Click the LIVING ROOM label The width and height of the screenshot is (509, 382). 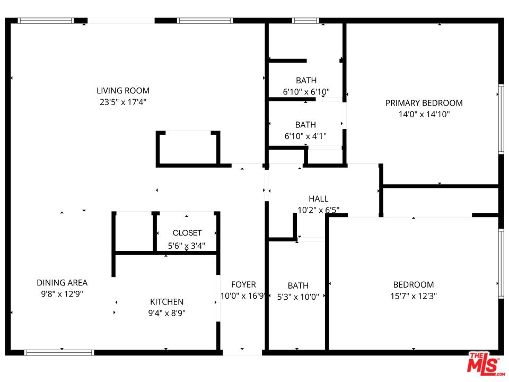123,91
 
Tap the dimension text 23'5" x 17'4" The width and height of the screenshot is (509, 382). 123,102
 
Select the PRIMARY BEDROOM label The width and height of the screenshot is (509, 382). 424,103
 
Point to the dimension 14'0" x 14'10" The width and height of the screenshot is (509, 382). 424,114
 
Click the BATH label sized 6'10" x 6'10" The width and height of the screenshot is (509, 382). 306,81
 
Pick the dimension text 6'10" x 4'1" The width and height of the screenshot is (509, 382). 305,136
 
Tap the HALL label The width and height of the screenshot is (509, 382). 318,199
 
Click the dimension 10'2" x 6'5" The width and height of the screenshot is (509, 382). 318,210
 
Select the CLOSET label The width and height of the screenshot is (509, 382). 187,233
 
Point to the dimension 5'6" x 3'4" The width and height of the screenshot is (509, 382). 187,246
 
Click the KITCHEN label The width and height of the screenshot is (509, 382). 166,302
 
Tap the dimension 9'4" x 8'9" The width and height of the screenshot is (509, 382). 166,313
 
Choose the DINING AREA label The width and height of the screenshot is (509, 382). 62,283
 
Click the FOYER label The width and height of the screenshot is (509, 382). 243,285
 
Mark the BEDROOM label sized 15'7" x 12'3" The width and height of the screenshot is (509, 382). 413,285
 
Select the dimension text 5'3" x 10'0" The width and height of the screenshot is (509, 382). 298,297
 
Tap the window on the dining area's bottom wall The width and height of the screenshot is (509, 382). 59,352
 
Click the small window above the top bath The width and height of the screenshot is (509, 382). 305,21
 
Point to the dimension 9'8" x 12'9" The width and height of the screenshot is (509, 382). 62,294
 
